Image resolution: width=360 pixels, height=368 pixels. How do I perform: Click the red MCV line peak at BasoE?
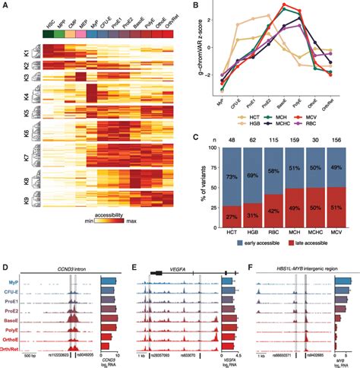point(285,5)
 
